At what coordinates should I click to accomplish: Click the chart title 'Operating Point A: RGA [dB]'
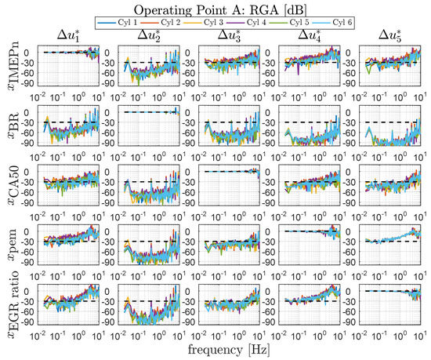coord(223,8)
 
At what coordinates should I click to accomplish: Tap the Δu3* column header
coord(226,36)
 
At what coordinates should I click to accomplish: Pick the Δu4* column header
coord(307,36)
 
